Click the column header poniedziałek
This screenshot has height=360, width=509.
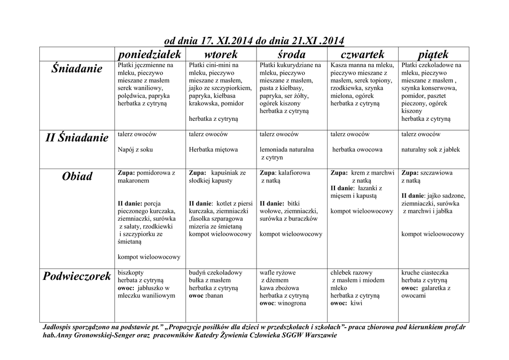tap(150, 54)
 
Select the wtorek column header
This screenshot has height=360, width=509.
tap(221, 54)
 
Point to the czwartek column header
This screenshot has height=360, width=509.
tap(362, 54)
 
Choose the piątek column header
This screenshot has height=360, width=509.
tap(433, 54)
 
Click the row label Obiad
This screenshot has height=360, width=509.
tap(77, 177)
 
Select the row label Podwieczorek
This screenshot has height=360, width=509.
tap(77, 276)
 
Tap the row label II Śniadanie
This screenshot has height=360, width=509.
tap(77, 138)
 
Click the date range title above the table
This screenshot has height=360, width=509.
tap(254, 40)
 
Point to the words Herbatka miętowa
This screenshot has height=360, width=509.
tap(213, 149)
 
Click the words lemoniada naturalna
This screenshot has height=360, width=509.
tap(287, 149)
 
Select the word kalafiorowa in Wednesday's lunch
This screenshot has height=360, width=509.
tap(294, 173)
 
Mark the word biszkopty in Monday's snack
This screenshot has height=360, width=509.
tap(131, 272)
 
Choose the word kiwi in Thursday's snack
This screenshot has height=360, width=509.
tap(356, 303)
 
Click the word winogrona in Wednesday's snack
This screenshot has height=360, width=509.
tap(292, 303)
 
